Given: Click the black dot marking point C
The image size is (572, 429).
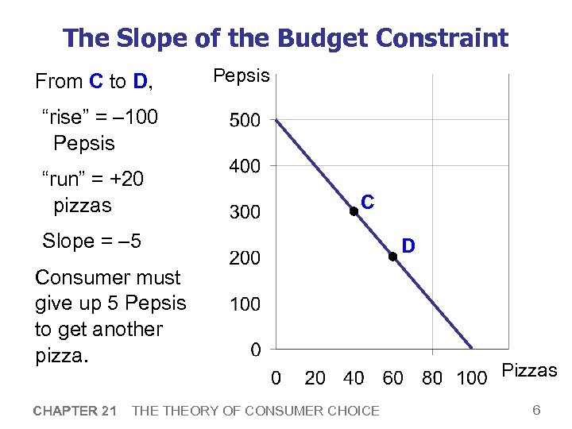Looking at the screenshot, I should [x=354, y=211].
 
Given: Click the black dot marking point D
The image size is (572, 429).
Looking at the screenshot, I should [x=392, y=256].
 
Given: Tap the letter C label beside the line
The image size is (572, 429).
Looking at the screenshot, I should [x=368, y=202].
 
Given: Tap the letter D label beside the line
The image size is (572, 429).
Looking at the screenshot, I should [x=408, y=247].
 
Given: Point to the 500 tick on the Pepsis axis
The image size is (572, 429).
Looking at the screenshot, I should [x=245, y=121].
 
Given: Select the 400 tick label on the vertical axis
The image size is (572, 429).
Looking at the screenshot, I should [x=245, y=167].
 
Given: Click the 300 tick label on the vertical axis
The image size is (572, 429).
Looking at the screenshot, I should [x=245, y=213].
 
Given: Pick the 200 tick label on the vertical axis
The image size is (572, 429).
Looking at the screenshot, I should [x=245, y=258].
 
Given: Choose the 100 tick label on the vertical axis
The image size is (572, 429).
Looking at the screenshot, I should [x=245, y=304].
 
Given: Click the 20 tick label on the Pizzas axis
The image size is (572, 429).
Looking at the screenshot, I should [x=315, y=378].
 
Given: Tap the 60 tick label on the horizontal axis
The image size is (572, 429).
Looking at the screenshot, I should [x=393, y=378].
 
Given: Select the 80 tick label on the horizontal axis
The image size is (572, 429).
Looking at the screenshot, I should [x=432, y=378].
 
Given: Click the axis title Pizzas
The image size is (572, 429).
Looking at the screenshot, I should [x=530, y=370].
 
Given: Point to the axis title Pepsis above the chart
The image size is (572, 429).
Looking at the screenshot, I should [x=241, y=76].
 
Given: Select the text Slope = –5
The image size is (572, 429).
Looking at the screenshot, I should [x=91, y=241].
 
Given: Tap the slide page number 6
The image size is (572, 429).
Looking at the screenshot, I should [x=536, y=410].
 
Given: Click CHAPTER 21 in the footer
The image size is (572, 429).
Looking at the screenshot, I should [x=75, y=411].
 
